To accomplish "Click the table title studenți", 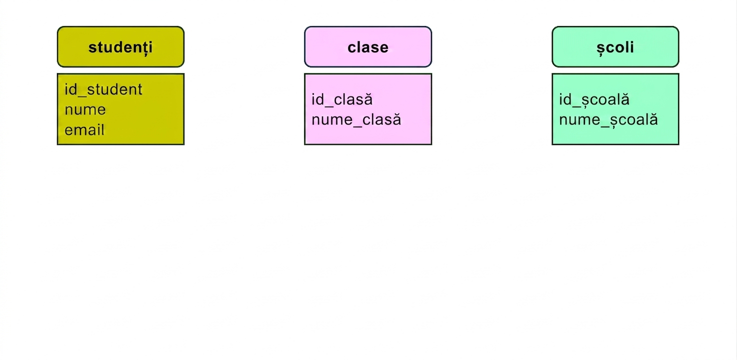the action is click(x=120, y=47).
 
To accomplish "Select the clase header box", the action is click(x=368, y=46).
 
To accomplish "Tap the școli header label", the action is click(x=615, y=47).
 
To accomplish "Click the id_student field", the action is click(x=103, y=89).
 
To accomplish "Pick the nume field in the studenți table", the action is click(x=85, y=110).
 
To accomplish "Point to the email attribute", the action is click(x=84, y=129).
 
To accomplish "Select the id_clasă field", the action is click(x=342, y=99).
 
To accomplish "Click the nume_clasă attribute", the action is click(x=356, y=120).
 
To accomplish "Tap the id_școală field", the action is click(x=594, y=99).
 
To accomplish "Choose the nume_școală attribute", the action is click(x=608, y=120).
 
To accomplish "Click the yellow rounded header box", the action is click(x=120, y=46).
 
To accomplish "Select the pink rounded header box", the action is click(x=368, y=46).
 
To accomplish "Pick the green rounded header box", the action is click(x=615, y=46).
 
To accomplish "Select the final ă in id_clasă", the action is click(x=368, y=99).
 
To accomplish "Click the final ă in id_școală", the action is click(x=624, y=99).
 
